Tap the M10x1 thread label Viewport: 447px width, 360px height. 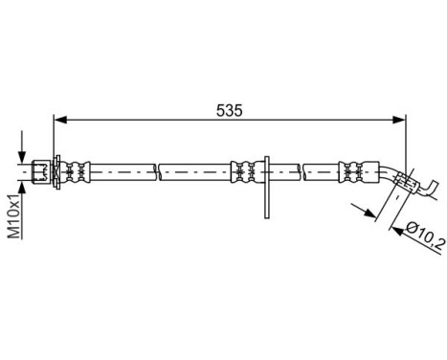(14, 219)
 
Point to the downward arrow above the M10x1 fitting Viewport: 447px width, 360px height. (22, 152)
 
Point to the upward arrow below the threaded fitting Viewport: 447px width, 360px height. (22, 188)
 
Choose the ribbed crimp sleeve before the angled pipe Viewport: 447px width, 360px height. (353, 171)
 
